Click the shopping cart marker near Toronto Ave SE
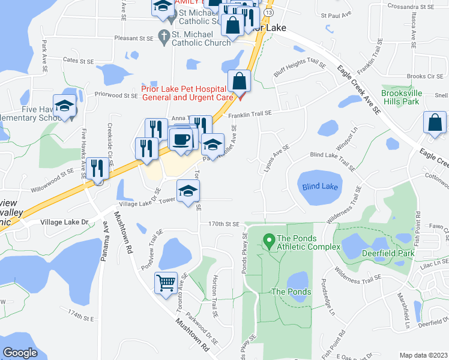click(x=166, y=281)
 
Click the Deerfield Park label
click(x=388, y=253)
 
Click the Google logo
click(x=20, y=353)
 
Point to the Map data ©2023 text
click(x=423, y=355)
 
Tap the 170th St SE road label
click(x=223, y=223)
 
